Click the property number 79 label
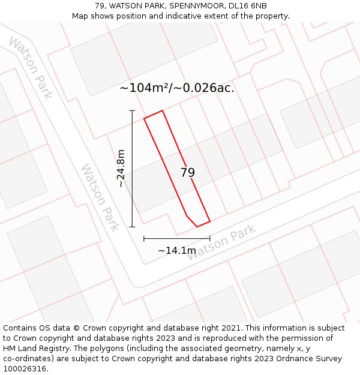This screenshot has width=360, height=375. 187,173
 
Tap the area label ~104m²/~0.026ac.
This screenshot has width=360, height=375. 177,88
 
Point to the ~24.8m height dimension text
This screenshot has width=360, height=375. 121,169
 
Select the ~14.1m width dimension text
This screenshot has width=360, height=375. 177,250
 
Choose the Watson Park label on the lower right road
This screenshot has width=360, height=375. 221,242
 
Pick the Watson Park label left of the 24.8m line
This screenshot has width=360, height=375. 100,197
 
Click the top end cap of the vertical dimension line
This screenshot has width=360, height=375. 132,111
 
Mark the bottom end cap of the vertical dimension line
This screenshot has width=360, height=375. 132,227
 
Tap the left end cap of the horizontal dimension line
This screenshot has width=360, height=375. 144,239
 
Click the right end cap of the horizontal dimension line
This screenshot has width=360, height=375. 209,239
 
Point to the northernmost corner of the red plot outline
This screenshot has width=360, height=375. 162,110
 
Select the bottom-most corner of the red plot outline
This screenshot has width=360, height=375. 197,227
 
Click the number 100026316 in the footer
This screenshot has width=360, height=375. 25,369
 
